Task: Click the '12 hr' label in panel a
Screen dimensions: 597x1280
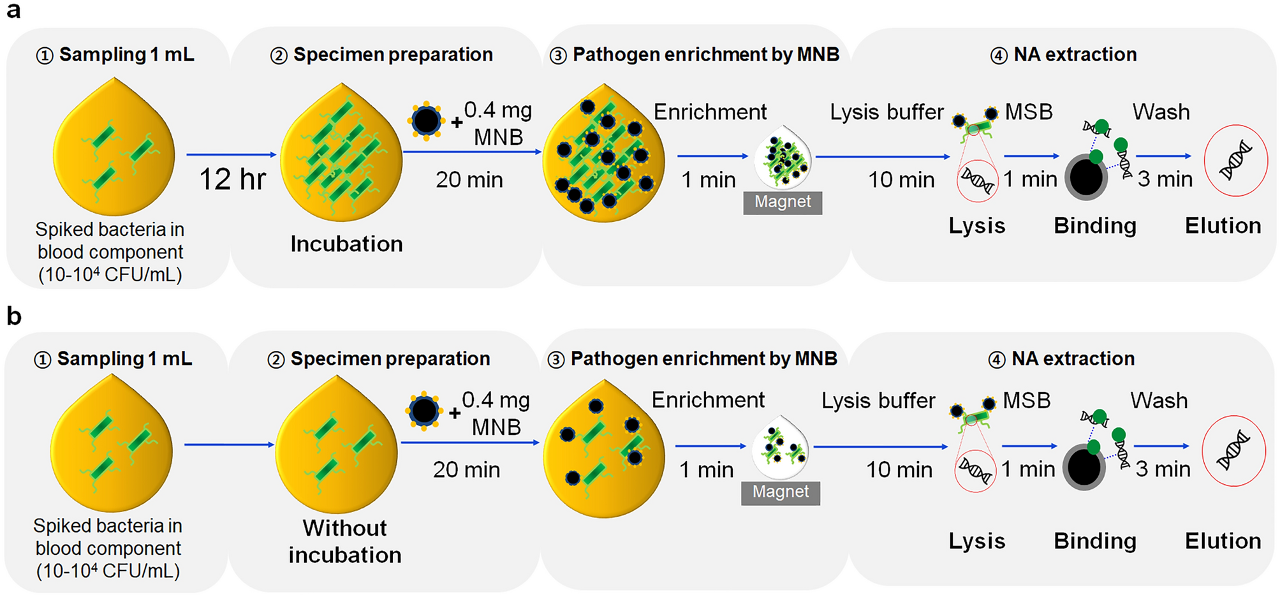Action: click(232, 179)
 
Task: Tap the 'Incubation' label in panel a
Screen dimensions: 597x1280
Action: click(346, 244)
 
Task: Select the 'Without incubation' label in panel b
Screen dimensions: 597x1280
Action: click(345, 542)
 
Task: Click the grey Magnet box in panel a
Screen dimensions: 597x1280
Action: click(783, 202)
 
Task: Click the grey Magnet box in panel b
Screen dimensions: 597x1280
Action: click(780, 492)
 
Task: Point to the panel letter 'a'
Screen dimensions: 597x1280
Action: click(13, 11)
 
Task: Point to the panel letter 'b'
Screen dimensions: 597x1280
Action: click(14, 316)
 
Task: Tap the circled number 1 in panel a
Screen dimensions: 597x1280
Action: click(44, 56)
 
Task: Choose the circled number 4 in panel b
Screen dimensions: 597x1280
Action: click(996, 360)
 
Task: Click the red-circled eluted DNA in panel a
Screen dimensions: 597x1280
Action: click(1235, 160)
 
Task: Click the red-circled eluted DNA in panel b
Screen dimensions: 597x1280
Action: click(1233, 450)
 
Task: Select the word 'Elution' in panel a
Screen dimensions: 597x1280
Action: click(1223, 226)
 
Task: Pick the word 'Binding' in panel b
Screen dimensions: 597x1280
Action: click(1094, 541)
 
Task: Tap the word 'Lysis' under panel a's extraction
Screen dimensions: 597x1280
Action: click(976, 226)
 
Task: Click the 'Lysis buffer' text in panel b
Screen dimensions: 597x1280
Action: click(878, 401)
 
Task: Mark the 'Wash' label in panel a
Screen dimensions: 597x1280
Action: click(1161, 112)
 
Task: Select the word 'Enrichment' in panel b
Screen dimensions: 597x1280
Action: click(708, 400)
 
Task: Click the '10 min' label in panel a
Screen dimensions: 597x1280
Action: click(901, 180)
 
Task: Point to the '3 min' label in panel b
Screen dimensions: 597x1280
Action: click(1163, 469)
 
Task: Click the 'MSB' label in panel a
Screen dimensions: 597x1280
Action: click(1029, 112)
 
